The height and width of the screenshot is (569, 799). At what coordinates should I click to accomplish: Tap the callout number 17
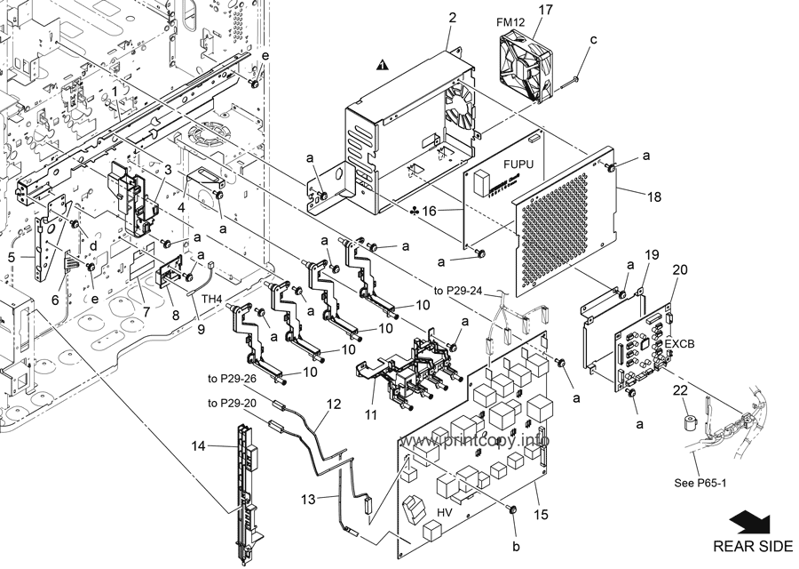(x=544, y=10)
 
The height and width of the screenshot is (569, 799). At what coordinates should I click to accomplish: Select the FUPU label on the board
(x=518, y=164)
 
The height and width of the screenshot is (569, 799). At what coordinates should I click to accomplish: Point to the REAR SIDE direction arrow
(x=751, y=524)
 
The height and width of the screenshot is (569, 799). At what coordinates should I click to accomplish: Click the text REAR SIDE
(x=753, y=546)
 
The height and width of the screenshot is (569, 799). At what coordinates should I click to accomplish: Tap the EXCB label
(x=680, y=344)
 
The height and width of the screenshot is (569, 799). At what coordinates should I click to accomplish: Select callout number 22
(x=680, y=390)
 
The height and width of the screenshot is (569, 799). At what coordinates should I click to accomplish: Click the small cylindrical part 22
(x=692, y=423)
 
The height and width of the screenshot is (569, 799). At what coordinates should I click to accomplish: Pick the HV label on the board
(x=446, y=511)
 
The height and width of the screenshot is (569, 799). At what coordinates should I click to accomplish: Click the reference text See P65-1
(x=700, y=483)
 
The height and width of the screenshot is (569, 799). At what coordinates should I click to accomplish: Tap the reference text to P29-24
(x=457, y=291)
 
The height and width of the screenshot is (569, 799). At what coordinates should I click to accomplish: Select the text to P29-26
(x=232, y=379)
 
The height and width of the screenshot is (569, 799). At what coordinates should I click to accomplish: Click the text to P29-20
(x=232, y=403)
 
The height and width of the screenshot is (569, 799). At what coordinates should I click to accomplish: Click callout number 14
(x=198, y=446)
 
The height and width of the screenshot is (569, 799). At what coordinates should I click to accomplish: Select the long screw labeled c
(x=567, y=83)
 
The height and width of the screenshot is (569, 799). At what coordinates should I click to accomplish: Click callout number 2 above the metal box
(x=452, y=18)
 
